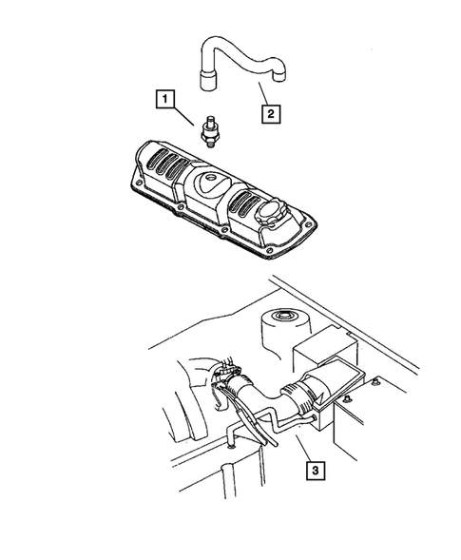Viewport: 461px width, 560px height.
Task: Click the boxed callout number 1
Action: click(x=165, y=98)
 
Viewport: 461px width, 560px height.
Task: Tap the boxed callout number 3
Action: click(x=314, y=469)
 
